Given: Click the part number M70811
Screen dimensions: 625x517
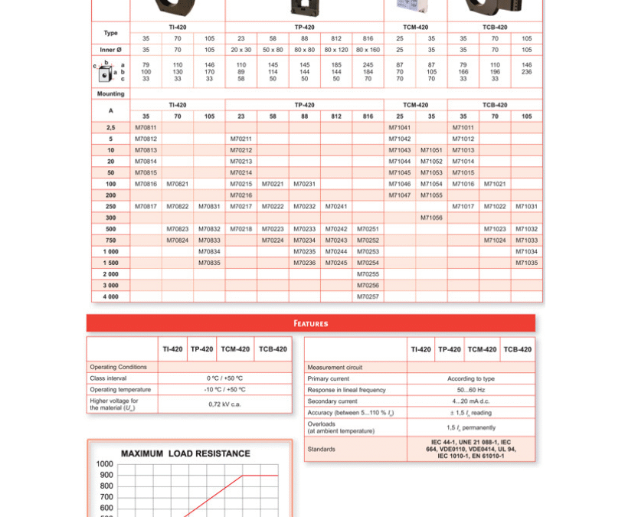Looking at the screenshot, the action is [146, 128].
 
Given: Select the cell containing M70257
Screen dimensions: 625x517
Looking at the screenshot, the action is [368, 296].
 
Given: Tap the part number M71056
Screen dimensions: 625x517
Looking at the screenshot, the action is [431, 218].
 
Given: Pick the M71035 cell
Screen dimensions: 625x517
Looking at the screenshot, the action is [526, 263].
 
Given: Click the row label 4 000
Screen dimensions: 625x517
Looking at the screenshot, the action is [111, 296].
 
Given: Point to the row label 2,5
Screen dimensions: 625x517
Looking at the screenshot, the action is [111, 128].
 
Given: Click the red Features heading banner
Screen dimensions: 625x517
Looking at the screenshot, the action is [310, 323].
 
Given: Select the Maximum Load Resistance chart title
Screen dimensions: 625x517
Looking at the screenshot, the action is [185, 453].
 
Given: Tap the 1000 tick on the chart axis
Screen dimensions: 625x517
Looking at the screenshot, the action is [105, 464].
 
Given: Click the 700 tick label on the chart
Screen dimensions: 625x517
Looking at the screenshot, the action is [105, 497].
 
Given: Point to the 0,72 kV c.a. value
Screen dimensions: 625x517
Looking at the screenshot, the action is [224, 404].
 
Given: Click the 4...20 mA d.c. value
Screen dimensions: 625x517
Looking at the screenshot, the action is [470, 401].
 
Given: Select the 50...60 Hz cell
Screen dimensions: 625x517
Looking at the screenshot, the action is [470, 390].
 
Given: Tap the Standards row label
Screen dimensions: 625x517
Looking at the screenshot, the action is [322, 450].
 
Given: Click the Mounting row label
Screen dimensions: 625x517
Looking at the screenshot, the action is [111, 93].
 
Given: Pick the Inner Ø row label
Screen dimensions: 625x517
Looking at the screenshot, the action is [111, 50].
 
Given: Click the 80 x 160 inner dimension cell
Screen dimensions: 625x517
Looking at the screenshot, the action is [368, 50].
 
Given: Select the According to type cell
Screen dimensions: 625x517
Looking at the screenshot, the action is [470, 378].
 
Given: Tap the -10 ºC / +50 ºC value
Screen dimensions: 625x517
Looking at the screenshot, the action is [224, 390].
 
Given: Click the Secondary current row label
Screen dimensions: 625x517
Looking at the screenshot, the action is [332, 401].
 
